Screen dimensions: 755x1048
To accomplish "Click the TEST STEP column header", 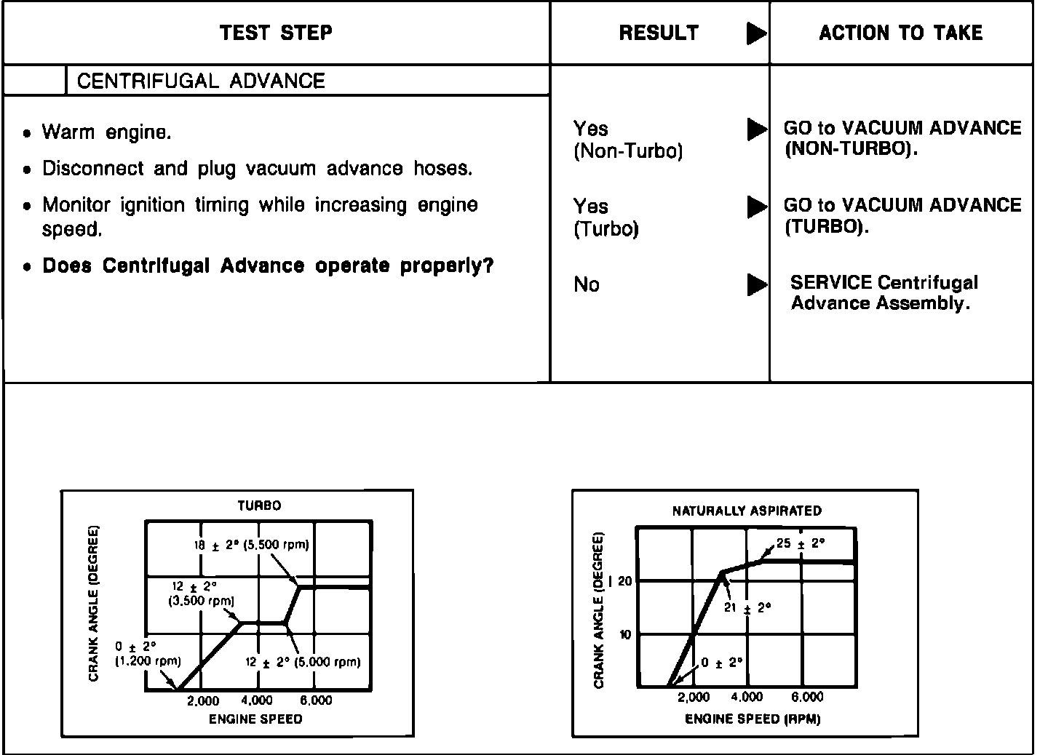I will pyautogui.click(x=276, y=33).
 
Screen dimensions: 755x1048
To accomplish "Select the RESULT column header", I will pyautogui.click(x=659, y=33).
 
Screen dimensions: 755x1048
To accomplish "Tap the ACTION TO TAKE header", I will pyautogui.click(x=900, y=33).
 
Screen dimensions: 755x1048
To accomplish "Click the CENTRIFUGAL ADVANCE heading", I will pyautogui.click(x=201, y=81).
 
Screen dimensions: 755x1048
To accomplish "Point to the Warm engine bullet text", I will pyautogui.click(x=106, y=132).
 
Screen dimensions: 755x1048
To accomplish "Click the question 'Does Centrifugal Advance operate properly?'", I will pyautogui.click(x=268, y=265).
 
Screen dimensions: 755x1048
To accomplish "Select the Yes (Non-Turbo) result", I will pyautogui.click(x=627, y=140).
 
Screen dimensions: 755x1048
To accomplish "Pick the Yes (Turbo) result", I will pyautogui.click(x=606, y=217).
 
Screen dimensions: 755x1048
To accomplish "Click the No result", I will pyautogui.click(x=587, y=284).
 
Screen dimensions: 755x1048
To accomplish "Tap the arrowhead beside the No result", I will pyautogui.click(x=756, y=284).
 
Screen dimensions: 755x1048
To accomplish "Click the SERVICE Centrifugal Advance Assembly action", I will pyautogui.click(x=884, y=292).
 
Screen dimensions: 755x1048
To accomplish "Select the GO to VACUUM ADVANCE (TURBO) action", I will pyautogui.click(x=902, y=216).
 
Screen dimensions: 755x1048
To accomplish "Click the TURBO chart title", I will pyautogui.click(x=259, y=506).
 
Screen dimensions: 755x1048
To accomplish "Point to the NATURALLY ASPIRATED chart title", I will pyautogui.click(x=747, y=511).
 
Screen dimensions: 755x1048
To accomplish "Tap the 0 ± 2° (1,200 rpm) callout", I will pyautogui.click(x=147, y=654).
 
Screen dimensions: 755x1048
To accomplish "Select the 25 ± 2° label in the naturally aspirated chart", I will pyautogui.click(x=800, y=543).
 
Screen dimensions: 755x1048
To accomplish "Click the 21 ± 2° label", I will pyautogui.click(x=747, y=607).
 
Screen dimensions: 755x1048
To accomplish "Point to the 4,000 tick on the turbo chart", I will pyautogui.click(x=256, y=700).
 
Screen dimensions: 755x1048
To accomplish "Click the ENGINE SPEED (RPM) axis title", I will pyautogui.click(x=753, y=719).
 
